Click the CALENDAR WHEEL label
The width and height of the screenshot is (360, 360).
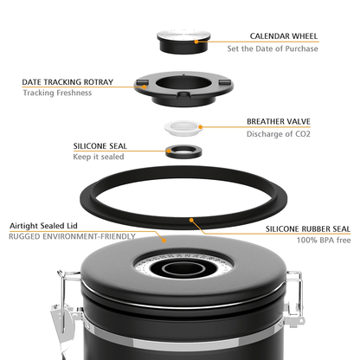coord(284,36)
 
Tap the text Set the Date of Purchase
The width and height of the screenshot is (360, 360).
coord(273,48)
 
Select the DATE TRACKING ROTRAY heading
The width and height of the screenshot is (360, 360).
coord(67,82)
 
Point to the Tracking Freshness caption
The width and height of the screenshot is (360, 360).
coord(57,93)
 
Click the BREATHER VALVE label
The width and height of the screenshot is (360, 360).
coord(279,121)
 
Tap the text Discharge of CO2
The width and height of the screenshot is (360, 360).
coord(279,134)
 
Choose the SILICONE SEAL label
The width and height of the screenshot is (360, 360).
coord(100,146)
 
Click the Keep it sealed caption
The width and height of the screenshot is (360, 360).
coord(99,157)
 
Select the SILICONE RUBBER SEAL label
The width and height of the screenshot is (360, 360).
coord(308,229)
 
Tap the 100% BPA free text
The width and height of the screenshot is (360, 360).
coord(324,240)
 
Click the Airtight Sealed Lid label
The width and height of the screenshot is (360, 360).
coord(43,226)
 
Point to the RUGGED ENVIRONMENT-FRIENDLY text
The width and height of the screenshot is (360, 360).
coord(72,236)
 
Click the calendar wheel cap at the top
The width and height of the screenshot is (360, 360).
coord(183,41)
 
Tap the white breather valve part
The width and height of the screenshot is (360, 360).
coord(183,128)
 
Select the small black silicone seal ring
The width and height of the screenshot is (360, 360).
coord(183,151)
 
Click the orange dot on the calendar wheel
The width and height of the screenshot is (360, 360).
coord(196,42)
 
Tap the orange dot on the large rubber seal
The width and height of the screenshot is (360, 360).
coord(191,221)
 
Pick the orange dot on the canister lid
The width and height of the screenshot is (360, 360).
coord(164,240)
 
